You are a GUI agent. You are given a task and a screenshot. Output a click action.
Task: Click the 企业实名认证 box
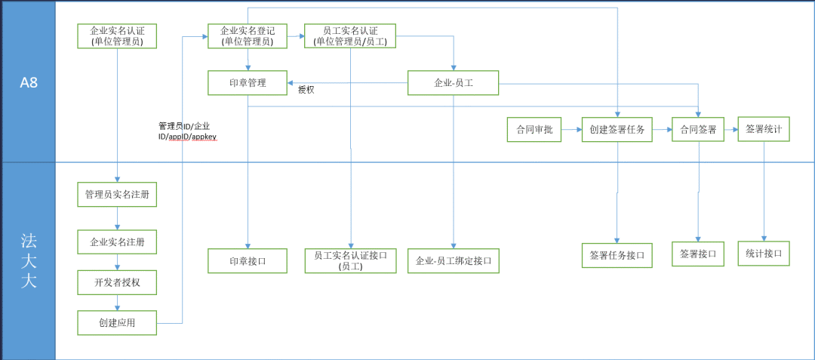tap(117, 36)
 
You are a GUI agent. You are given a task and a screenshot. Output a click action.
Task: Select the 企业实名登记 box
tap(247, 36)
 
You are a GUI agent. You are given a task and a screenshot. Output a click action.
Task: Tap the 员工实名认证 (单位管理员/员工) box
tap(350, 36)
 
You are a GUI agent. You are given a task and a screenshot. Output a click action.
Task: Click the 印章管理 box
tap(248, 82)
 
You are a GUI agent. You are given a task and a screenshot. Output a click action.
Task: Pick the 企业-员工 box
tap(454, 82)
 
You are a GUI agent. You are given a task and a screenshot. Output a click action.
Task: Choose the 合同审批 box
tap(534, 129)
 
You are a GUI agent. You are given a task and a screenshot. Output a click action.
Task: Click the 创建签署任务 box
tap(617, 129)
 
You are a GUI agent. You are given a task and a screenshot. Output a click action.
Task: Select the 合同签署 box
tap(698, 129)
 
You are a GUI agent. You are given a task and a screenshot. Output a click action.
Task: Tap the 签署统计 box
tap(764, 129)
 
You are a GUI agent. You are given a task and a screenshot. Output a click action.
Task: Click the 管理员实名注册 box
tap(117, 195)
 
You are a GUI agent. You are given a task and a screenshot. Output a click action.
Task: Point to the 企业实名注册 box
tap(117, 242)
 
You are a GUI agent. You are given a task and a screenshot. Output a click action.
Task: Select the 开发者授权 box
tap(117, 282)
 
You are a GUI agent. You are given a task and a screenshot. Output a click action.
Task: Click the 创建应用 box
tap(117, 323)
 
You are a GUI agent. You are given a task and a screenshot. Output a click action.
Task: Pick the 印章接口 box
tap(248, 260)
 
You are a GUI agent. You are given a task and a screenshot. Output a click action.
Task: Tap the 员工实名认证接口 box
tap(350, 260)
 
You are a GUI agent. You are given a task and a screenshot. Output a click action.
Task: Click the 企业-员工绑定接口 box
tap(454, 260)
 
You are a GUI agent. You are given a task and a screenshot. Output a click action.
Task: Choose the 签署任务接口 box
tap(617, 255)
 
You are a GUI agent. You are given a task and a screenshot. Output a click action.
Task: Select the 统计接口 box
tap(764, 254)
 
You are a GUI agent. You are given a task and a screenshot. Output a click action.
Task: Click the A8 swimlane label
tap(29, 82)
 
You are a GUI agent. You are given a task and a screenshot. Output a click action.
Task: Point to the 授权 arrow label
tap(306, 90)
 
